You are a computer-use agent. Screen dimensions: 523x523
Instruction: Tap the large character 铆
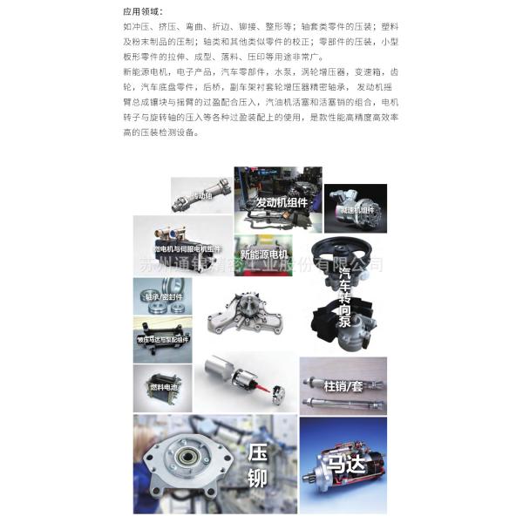257,479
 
